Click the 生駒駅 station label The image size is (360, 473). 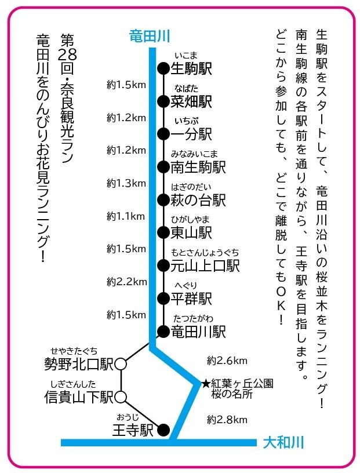(192, 69)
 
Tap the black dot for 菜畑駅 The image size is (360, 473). (163, 101)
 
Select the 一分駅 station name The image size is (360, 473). (192, 134)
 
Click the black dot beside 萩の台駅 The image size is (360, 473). (163, 200)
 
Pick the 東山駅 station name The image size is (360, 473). (192, 233)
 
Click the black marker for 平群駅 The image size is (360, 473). (163, 299)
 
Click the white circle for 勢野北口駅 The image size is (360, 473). (121, 364)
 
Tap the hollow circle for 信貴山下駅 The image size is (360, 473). (121, 397)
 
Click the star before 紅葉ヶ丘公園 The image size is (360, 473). (206, 384)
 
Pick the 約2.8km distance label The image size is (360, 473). (228, 419)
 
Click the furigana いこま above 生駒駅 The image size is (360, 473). (186, 56)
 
